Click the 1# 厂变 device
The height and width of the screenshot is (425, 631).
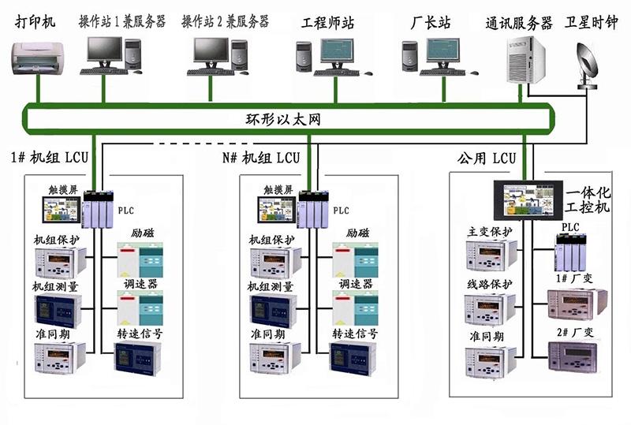(577, 304)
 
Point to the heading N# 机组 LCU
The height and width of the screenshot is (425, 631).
(261, 157)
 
